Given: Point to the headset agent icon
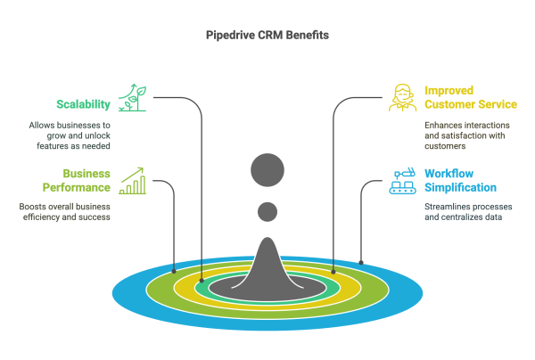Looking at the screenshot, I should pyautogui.click(x=402, y=97).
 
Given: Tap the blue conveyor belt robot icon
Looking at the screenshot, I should pyautogui.click(x=403, y=180).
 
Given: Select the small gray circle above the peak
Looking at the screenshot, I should pyautogui.click(x=267, y=212).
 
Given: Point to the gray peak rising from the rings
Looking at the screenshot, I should pyautogui.click(x=267, y=267).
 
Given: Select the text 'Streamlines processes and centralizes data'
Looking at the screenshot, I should pyautogui.click(x=462, y=210).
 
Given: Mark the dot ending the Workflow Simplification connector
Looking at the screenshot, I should pyautogui.click(x=361, y=262).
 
